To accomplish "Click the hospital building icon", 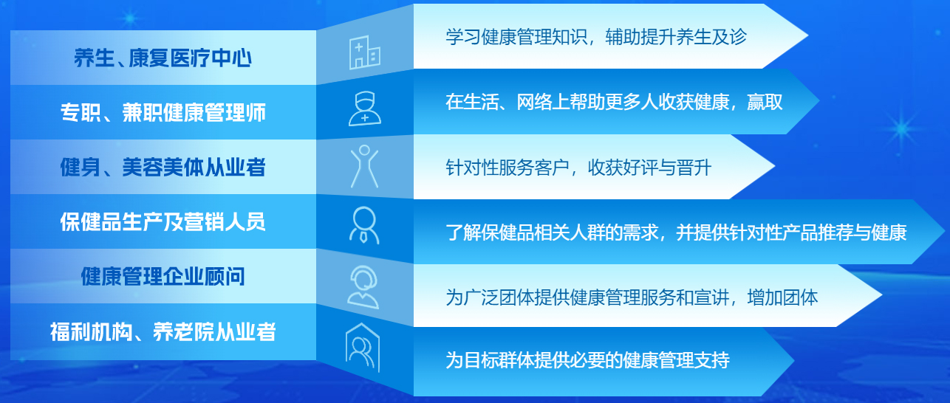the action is pos(364,52).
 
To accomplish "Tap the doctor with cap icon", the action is pos(364,109).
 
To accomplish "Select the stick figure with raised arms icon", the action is pos(364,166).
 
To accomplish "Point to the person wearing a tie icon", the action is pos(364,225).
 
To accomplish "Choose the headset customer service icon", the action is pos(363,287).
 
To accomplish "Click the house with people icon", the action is pos(363,348).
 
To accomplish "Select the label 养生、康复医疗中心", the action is pos(163,58).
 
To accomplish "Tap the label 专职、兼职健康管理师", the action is pos(163,112).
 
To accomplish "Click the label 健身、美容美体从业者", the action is pos(163,167).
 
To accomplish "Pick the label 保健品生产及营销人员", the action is pos(163,221).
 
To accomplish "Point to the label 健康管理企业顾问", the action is pos(163,276).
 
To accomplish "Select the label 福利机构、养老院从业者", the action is pos(163,331).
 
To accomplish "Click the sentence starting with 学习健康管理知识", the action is pos(596,37).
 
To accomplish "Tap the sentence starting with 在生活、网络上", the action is pos(614,102).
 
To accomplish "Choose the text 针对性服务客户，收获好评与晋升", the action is pos(578,168).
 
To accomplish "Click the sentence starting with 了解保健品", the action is pos(676,232).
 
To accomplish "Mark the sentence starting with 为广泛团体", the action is pos(632,297).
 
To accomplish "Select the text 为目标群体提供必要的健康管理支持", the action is pos(587,360).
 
